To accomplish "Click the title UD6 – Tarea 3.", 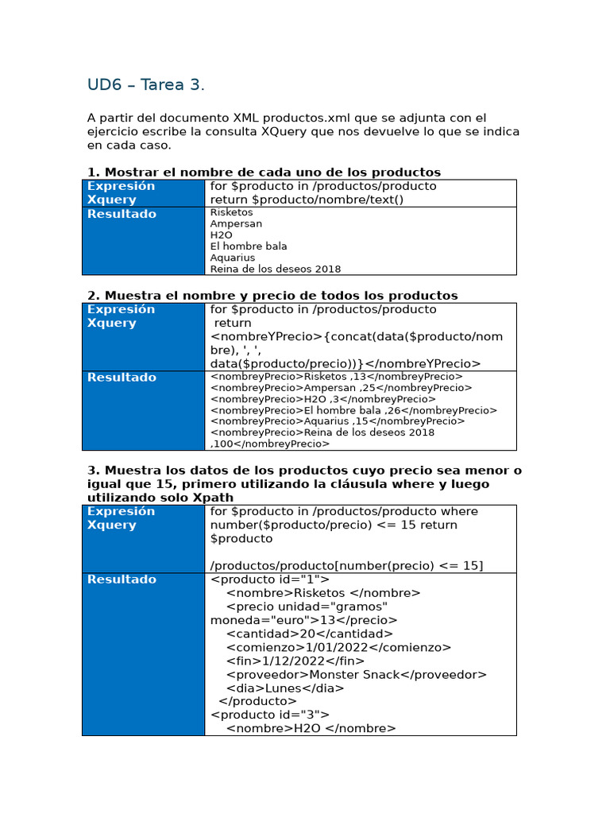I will pos(146,85).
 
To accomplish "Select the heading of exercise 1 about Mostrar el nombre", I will pos(264,172).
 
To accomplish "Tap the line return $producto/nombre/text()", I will pos(307,200).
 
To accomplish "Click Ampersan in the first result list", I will pos(236,224).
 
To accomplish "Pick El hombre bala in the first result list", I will pos(249,246).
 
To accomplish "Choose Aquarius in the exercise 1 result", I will pos(233,258).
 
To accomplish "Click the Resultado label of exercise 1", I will pos(122,214).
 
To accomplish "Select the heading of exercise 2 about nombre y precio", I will pos(272,296).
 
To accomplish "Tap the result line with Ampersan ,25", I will pos(341,388).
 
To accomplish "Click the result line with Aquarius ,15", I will pos(338,421).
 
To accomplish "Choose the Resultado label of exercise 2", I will pos(122,378).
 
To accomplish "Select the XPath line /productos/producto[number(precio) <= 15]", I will pos(346,565).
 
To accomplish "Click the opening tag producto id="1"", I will pos(269,579).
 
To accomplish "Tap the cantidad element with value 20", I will pos(309,634).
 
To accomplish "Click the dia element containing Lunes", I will pos(285,688).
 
